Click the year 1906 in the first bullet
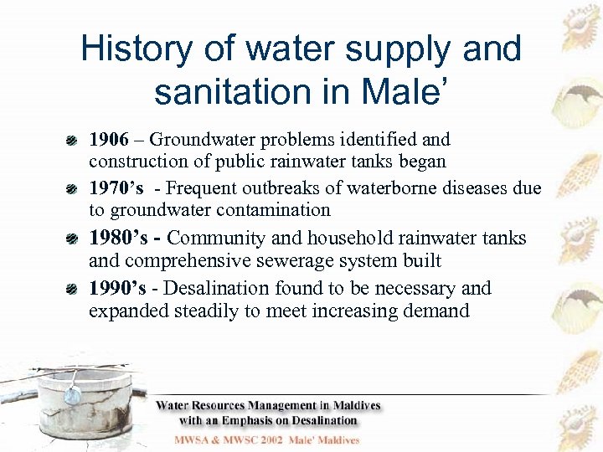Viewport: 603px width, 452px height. pos(108,139)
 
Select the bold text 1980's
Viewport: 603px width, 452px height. pos(117,238)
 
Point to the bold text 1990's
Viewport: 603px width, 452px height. pos(117,288)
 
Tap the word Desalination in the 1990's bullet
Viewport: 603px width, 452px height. pos(219,288)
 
